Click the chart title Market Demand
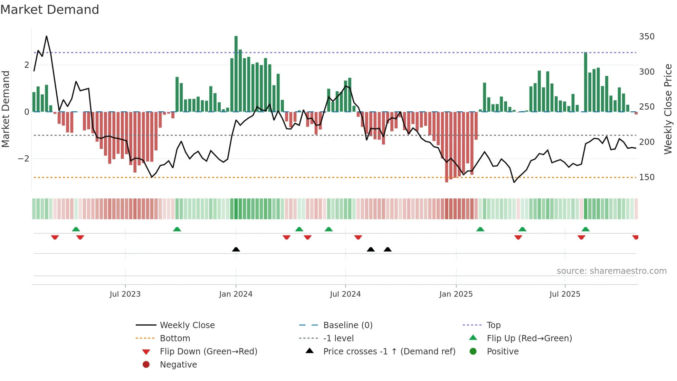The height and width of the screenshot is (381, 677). [50, 10]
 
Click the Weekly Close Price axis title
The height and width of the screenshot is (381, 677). [668, 109]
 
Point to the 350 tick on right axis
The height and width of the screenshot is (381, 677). [647, 37]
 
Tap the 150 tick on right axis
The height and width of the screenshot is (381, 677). [647, 177]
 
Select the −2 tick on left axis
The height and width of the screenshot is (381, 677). [23, 159]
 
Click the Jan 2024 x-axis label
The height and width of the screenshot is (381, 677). [236, 294]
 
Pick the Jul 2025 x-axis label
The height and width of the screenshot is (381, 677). [565, 294]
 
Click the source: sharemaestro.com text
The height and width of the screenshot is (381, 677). [611, 271]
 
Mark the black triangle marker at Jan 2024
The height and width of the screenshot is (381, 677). [236, 249]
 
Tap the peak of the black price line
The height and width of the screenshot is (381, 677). [46, 36]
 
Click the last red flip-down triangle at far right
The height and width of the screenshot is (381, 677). [635, 237]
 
